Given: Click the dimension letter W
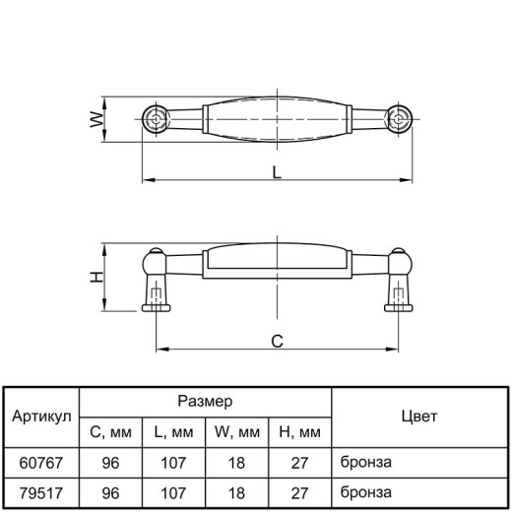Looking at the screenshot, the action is (x=96, y=119).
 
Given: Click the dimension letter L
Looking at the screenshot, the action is (x=277, y=172).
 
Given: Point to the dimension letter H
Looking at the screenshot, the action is (x=96, y=278).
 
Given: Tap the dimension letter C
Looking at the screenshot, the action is (x=277, y=342).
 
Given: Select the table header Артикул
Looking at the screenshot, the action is (x=41, y=416).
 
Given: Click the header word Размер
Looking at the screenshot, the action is (x=205, y=401).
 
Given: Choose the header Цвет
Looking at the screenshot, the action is (x=419, y=416).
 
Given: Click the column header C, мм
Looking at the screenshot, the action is (x=110, y=432).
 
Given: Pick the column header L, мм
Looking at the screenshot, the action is (x=173, y=432).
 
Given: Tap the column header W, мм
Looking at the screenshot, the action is (x=237, y=432).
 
